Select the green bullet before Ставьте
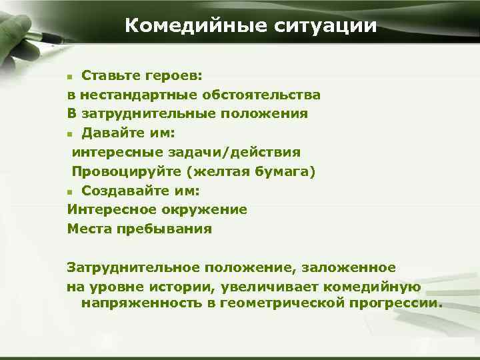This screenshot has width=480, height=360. click(71, 76)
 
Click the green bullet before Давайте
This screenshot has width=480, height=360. click(71, 133)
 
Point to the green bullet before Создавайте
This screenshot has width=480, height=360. click(71, 191)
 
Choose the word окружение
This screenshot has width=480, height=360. click(207, 209)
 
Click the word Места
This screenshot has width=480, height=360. click(89, 229)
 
